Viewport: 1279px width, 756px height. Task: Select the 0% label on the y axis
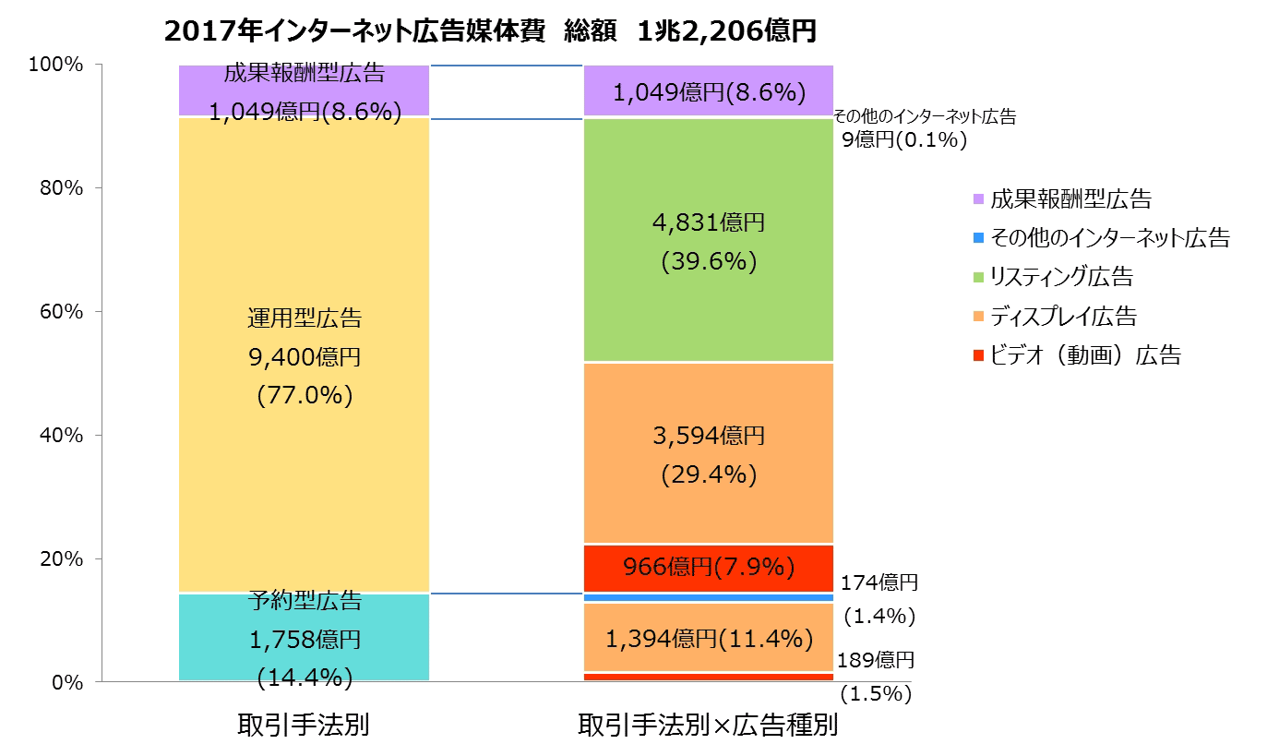(x=66, y=683)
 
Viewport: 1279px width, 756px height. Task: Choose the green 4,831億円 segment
(x=709, y=305)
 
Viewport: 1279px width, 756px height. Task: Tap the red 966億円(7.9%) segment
(x=709, y=567)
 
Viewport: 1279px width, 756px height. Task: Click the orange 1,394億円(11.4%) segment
(x=709, y=638)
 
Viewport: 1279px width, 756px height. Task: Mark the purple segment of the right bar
(x=709, y=91)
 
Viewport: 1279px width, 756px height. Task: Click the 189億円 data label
(x=876, y=661)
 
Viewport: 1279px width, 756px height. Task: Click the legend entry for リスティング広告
(x=1061, y=277)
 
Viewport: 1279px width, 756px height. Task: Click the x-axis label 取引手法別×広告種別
(x=708, y=725)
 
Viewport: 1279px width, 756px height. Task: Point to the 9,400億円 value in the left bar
(x=305, y=357)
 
